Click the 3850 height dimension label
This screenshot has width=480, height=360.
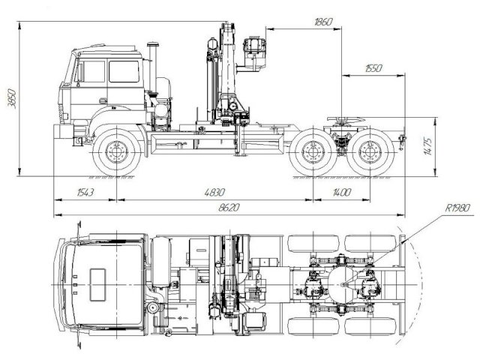(x=12, y=98)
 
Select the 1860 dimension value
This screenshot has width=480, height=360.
(x=323, y=22)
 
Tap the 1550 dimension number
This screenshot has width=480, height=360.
(x=373, y=68)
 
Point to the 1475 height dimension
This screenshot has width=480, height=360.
(x=428, y=147)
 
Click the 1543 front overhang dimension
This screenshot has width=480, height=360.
(x=85, y=193)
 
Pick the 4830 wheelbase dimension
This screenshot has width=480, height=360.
(x=214, y=193)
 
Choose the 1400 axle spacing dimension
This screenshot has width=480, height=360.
(x=342, y=193)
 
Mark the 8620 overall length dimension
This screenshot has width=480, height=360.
(x=229, y=208)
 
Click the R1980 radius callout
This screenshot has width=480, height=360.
(x=457, y=208)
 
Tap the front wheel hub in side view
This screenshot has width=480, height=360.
(x=117, y=152)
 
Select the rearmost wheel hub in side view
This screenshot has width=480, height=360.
(x=370, y=152)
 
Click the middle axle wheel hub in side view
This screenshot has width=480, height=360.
(x=313, y=152)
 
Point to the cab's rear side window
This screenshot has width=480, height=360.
(x=124, y=72)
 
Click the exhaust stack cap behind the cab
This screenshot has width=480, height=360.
(x=153, y=44)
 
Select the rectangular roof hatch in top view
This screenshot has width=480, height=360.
(x=97, y=285)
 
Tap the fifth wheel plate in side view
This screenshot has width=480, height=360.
(x=346, y=118)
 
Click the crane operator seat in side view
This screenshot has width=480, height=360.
(x=255, y=52)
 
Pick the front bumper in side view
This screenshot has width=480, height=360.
(x=63, y=131)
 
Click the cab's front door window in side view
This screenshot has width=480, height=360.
(x=91, y=72)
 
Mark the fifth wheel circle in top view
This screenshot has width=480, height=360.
(x=342, y=285)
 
